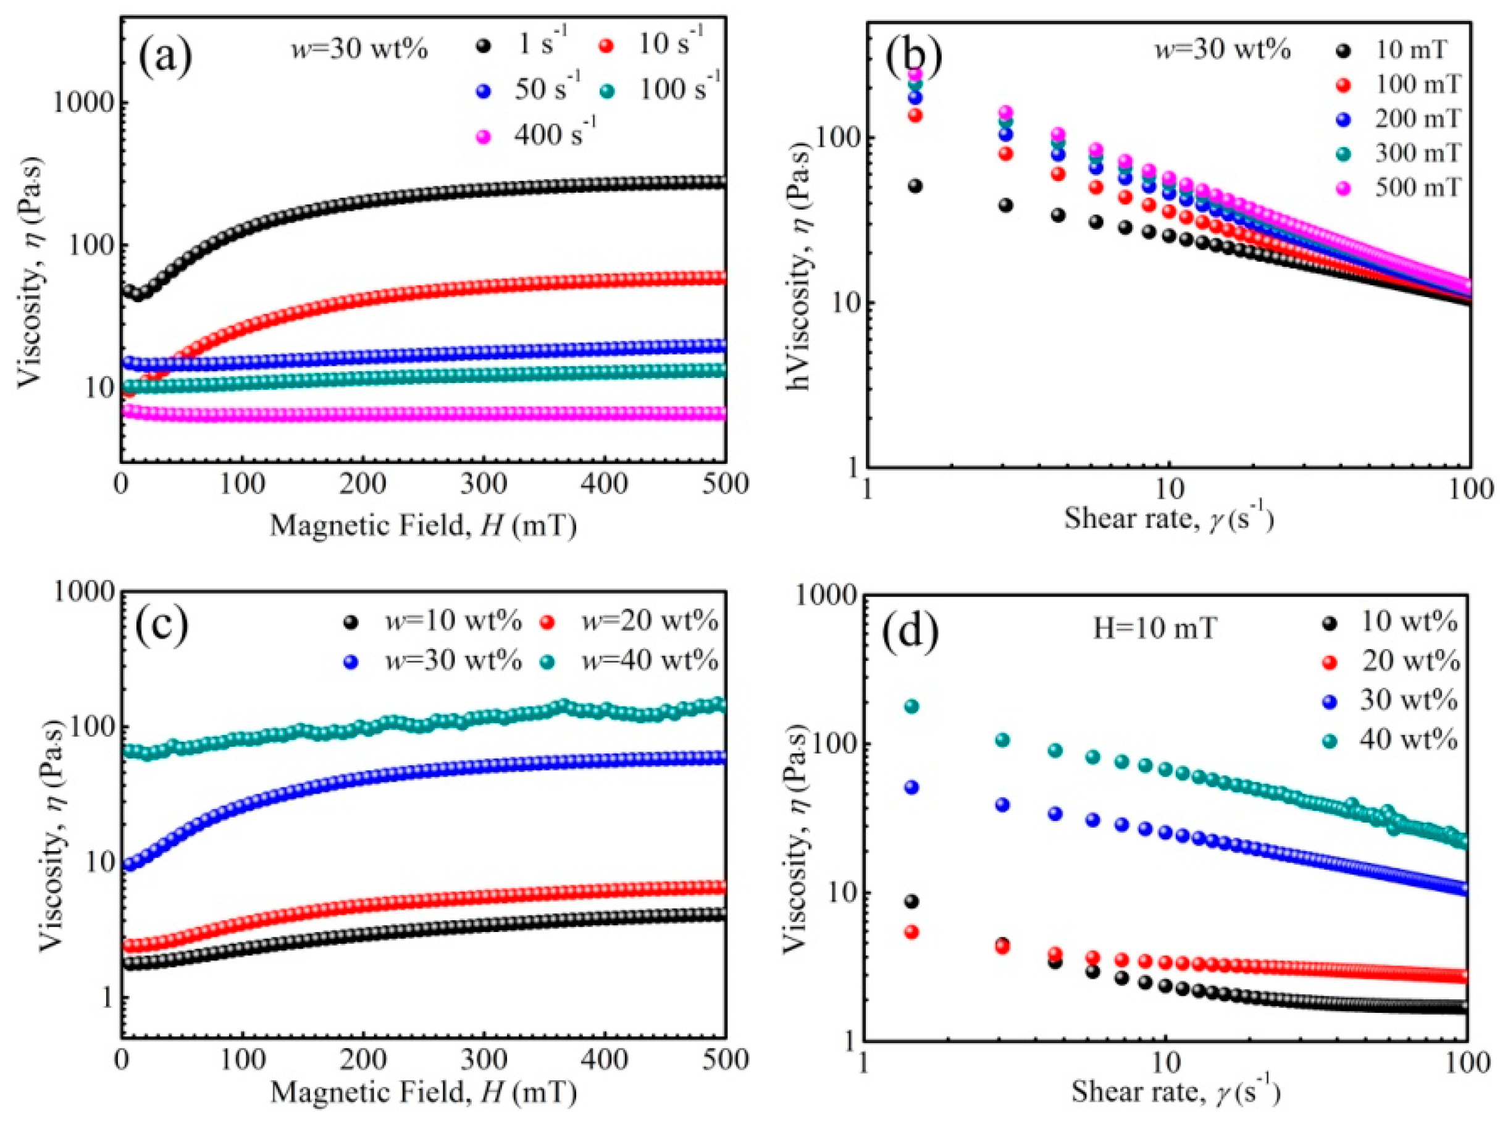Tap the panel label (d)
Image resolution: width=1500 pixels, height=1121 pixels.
click(x=910, y=631)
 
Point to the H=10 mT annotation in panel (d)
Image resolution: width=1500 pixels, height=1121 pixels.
click(x=1154, y=629)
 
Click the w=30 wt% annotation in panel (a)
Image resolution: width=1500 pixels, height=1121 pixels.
click(x=359, y=50)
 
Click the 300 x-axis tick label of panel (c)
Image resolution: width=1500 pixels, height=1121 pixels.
click(x=484, y=1059)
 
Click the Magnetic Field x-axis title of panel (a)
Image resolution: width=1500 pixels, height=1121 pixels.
click(x=423, y=526)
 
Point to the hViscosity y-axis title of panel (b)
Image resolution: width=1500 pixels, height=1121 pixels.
click(x=801, y=268)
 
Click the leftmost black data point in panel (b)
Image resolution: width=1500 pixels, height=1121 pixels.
click(x=915, y=186)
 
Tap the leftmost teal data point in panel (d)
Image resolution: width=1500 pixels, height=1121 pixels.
click(x=912, y=706)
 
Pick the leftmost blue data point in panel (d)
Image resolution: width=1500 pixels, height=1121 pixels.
click(x=912, y=787)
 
